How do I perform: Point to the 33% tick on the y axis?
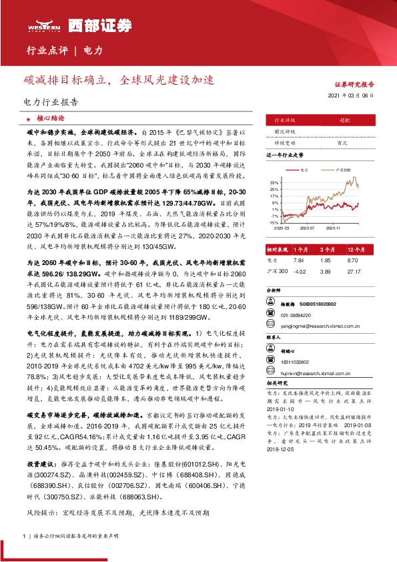[274, 182]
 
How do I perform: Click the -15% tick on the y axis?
[274, 223]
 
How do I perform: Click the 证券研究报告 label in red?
[354, 85]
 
